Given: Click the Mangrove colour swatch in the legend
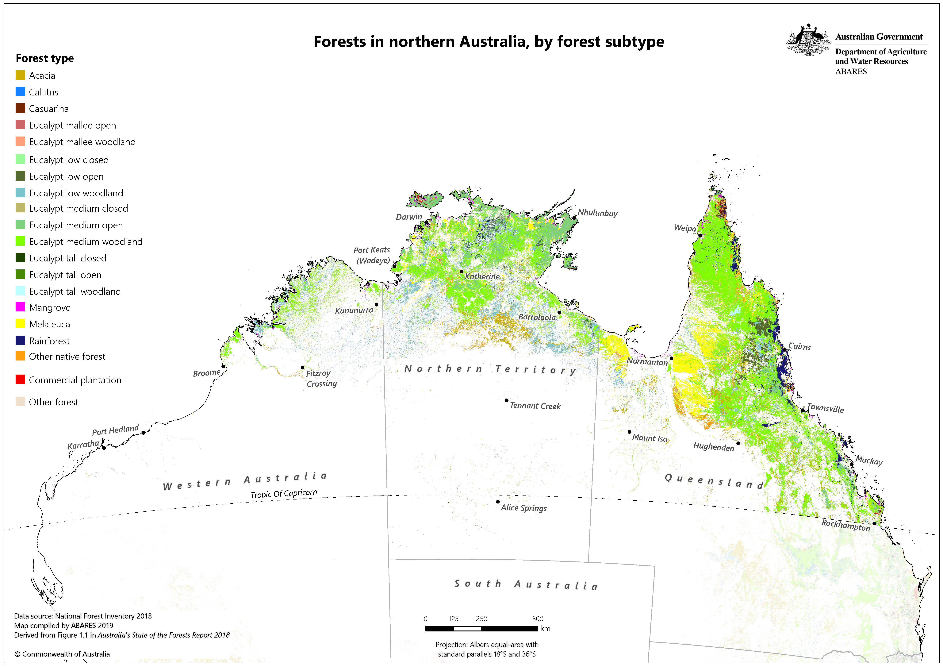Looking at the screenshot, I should click(20, 307).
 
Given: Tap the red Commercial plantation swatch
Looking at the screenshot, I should click(20, 380).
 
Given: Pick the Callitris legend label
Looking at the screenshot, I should click(44, 92).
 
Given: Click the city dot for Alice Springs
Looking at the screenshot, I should click(498, 501).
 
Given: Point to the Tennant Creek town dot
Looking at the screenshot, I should click(506, 400).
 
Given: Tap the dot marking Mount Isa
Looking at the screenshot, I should click(629, 432).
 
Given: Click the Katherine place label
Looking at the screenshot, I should click(482, 276).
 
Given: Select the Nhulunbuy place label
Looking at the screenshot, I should click(598, 213).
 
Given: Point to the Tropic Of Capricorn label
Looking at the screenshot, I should click(284, 493).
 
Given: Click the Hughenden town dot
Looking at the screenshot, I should click(738, 443).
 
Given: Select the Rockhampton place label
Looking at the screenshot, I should click(846, 525).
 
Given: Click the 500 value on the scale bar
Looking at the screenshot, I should click(538, 619).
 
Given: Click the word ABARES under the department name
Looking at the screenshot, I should click(851, 71).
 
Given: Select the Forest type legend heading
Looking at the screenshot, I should click(45, 58).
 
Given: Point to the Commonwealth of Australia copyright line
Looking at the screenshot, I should click(62, 654).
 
